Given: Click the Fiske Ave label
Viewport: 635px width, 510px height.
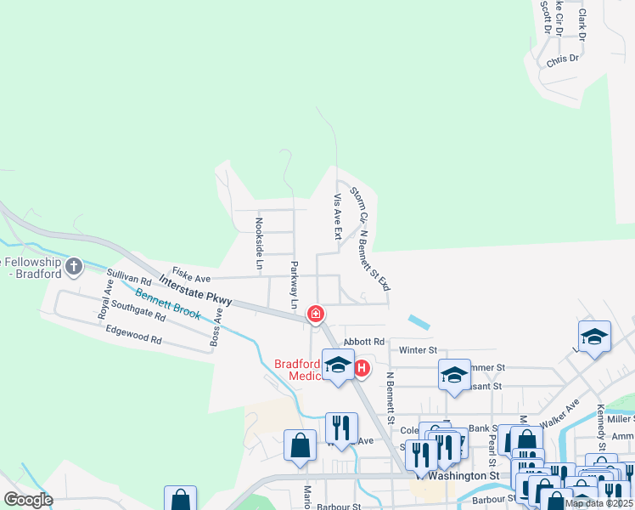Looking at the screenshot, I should tap(191, 278).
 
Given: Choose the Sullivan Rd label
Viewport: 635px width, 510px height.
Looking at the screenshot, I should tap(129, 277).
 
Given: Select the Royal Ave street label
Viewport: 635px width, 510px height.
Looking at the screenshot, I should tap(107, 297).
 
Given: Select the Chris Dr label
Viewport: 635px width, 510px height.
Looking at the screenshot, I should tap(563, 59).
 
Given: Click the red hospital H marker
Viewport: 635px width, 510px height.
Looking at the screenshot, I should tap(362, 368).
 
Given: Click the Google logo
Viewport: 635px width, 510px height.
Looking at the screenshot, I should tap(28, 500).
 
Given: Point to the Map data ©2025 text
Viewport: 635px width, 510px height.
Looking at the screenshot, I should tap(599, 503).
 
